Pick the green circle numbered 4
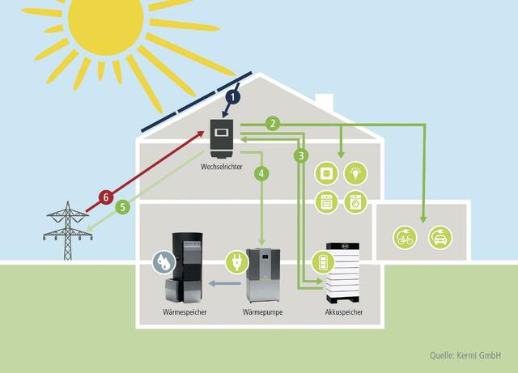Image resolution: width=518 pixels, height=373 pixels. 261,172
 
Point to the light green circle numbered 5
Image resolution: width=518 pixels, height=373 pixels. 122,207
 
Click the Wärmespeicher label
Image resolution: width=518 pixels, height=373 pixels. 185,312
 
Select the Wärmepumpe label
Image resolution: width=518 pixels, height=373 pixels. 261,312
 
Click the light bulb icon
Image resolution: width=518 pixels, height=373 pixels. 355,172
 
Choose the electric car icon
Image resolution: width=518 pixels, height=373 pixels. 441,238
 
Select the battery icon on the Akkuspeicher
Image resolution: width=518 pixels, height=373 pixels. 322,264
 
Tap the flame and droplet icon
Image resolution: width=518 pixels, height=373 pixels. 163,263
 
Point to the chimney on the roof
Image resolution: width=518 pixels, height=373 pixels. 324,104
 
